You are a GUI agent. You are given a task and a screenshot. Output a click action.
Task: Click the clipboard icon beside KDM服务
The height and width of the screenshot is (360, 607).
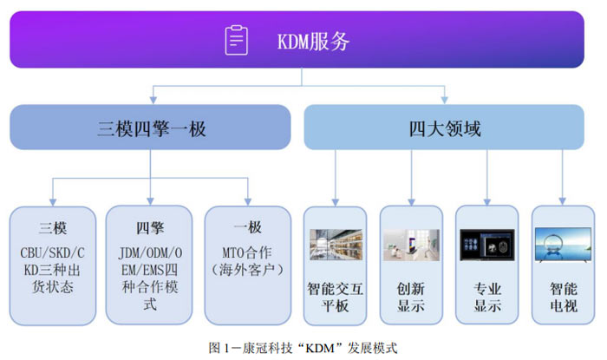pos(237,40)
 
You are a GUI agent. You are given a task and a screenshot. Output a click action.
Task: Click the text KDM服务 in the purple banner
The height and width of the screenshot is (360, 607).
pos(313,42)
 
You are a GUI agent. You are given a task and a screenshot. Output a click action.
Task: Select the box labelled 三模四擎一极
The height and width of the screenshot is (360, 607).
pos(150,127)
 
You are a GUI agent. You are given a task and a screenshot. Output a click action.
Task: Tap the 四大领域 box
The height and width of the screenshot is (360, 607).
pos(444,127)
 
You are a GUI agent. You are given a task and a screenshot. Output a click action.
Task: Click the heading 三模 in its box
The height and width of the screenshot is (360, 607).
pos(53,227)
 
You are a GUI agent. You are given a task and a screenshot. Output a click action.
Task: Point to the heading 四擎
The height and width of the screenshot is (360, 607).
pos(150,227)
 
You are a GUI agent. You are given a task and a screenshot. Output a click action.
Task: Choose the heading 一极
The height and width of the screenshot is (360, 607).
pos(248,227)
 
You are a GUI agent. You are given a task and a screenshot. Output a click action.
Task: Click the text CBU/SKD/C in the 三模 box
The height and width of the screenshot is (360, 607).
pos(52,252)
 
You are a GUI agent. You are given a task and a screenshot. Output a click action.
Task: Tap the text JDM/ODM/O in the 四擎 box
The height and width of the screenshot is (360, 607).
pos(150,252)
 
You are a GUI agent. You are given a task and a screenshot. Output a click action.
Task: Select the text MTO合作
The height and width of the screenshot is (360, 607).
pos(247,252)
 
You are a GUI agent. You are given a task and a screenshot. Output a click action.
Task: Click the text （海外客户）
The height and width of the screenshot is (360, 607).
pos(247,270)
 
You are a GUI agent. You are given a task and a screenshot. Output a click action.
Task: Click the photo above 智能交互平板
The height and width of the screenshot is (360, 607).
pos(336,245)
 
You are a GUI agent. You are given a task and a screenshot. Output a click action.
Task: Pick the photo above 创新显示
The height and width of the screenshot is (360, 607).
pos(411,245)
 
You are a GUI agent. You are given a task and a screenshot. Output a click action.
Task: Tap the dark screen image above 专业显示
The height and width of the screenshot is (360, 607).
pos(487,245)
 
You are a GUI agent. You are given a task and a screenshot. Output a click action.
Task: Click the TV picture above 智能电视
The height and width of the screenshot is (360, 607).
pos(563,245)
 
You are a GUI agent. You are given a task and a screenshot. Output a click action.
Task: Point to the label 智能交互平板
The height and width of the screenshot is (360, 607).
pos(336,297)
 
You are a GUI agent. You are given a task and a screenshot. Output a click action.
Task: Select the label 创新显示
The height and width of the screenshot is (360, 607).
pos(411,297)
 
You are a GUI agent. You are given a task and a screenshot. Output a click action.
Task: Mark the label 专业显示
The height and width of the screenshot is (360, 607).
pos(487,297)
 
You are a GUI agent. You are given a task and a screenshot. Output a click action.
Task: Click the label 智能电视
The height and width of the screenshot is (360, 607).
pos(564,297)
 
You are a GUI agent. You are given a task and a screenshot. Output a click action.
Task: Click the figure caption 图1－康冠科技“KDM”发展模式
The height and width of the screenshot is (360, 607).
pos(303,348)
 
